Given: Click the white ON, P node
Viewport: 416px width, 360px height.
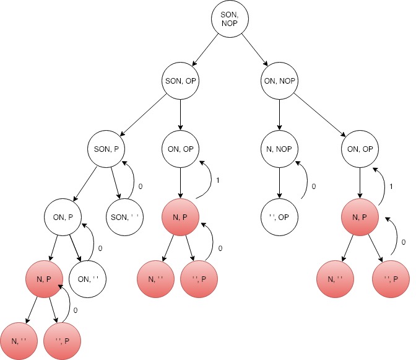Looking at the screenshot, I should tap(63, 216).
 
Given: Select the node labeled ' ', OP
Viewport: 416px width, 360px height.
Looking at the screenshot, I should tap(279, 216).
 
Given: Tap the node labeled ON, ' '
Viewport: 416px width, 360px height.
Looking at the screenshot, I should tap(88, 279).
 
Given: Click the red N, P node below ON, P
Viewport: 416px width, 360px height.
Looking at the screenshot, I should tap(45, 279).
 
